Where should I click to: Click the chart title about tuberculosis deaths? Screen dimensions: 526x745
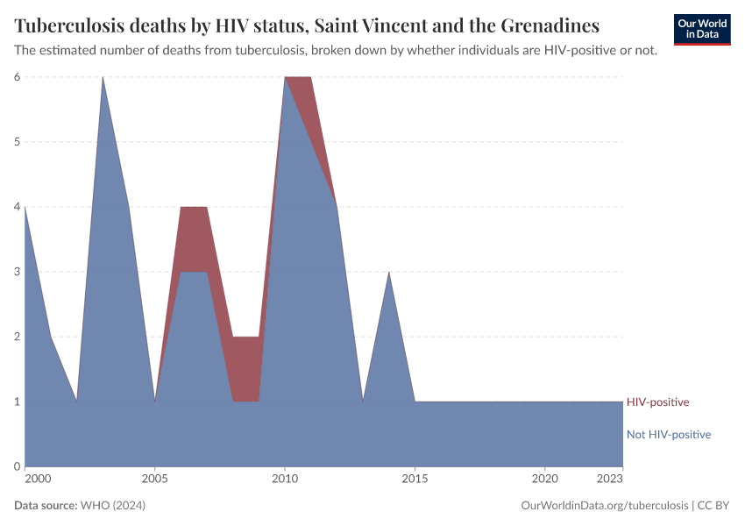[307, 24]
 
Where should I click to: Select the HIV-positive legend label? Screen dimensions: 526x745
[657, 402]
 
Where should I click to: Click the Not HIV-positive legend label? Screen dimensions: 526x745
[668, 434]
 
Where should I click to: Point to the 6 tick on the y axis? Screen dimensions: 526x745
[17, 77]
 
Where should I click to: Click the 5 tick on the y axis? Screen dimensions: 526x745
[17, 142]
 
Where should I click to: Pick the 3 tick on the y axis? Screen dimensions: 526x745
[17, 272]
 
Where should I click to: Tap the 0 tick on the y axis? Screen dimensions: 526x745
[17, 466]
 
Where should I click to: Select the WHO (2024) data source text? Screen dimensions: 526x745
[112, 506]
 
